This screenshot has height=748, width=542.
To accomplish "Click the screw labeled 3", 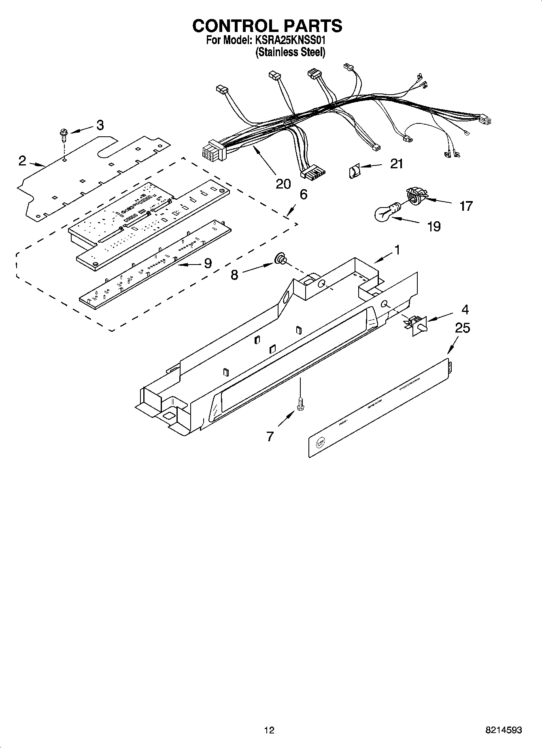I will pos(64,134).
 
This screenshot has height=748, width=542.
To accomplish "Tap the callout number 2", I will pos(22,161).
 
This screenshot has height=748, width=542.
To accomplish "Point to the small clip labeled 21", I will pos(354,172).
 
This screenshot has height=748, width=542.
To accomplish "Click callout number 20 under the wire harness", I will pos(283,184).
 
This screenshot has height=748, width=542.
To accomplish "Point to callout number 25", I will pos(463,328).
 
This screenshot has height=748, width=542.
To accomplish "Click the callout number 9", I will pos(207,263).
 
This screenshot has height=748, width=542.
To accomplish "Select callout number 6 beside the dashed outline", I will pos(303,195).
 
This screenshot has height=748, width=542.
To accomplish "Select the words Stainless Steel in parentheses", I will pos(290,52).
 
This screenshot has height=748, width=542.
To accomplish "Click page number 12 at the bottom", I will pos(269,730).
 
